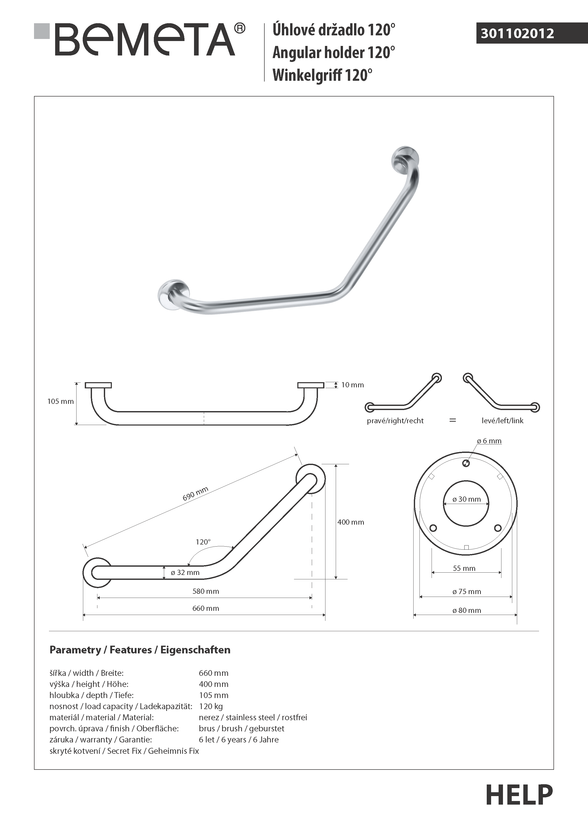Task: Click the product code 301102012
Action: pos(517,33)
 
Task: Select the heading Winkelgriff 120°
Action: pos(322,75)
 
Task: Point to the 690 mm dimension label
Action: pos(195,493)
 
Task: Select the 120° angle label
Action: pos(203,542)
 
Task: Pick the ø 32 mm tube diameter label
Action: pos(185,573)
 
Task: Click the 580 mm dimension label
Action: pos(206,591)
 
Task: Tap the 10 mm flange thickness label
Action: pos(352,385)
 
